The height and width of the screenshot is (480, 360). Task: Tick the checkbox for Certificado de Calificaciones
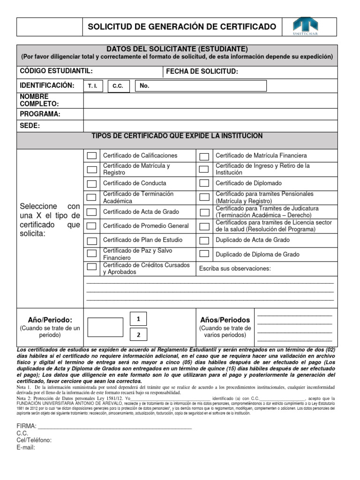pyautogui.click(x=92, y=156)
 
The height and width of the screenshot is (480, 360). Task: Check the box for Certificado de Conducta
pyautogui.click(x=92, y=184)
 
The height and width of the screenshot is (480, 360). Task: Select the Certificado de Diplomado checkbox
pyautogui.click(x=204, y=184)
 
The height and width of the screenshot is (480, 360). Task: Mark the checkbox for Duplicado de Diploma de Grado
pyautogui.click(x=204, y=254)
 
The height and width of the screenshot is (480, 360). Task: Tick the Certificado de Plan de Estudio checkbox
pyautogui.click(x=92, y=240)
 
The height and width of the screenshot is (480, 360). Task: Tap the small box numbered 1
pyautogui.click(x=138, y=319)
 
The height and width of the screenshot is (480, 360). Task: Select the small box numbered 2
pyautogui.click(x=138, y=335)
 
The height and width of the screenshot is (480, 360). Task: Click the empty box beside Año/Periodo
pyautogui.click(x=105, y=327)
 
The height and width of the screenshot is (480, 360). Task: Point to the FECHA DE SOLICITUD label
pyautogui.click(x=202, y=71)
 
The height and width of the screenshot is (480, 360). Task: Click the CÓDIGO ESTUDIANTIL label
pyautogui.click(x=56, y=71)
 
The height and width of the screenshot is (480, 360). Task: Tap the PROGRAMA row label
pyautogui.click(x=40, y=114)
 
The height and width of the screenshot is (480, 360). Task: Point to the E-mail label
pyautogui.click(x=26, y=447)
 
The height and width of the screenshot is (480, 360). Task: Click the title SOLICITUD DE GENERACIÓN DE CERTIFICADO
pyautogui.click(x=182, y=27)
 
